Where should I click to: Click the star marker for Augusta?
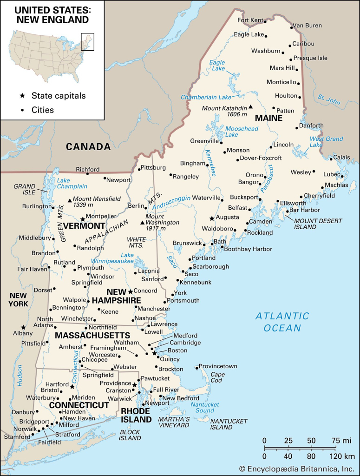[x=212, y=218]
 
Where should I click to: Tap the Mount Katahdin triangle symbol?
[x=250, y=107]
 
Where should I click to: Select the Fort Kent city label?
[x=250, y=20]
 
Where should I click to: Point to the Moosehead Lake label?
[x=238, y=132]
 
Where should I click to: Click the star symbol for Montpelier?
[x=83, y=218]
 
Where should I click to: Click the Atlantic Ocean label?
[x=282, y=322]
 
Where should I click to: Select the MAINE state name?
[x=268, y=118]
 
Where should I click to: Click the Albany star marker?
[x=23, y=327]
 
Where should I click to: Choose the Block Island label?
[x=130, y=435]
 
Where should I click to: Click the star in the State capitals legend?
[x=22, y=96]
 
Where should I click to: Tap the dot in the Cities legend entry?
[x=22, y=110]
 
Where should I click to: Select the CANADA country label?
[x=88, y=147]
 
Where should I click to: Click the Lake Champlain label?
[x=72, y=183]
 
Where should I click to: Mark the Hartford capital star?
[x=72, y=386]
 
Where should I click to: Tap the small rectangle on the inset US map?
[x=87, y=41]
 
